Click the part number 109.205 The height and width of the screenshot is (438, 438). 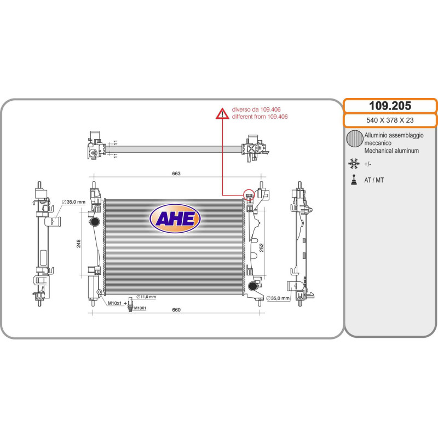click(390, 106)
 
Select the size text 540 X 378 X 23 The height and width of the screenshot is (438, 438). click(390, 120)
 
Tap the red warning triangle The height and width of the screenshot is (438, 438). click(222, 114)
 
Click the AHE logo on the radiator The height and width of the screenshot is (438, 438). click(175, 218)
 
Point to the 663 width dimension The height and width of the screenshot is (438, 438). click(176, 174)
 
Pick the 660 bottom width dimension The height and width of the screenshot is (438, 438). click(176, 309)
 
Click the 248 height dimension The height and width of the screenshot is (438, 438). click(78, 244)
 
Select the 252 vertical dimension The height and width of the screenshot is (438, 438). click(262, 248)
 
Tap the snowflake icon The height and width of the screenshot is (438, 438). click(354, 164)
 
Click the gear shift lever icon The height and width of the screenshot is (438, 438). click(354, 180)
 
